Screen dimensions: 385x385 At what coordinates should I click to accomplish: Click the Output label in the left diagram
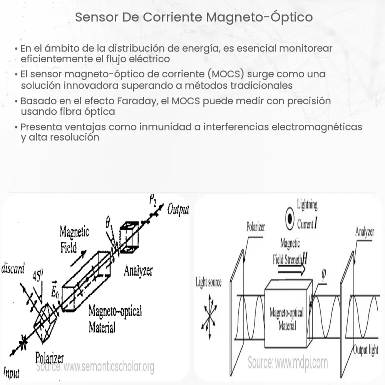178,210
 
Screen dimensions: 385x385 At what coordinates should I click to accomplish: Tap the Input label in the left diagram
11,372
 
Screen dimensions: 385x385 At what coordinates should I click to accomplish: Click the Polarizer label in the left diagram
49,358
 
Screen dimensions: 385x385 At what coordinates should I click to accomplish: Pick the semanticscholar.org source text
95,367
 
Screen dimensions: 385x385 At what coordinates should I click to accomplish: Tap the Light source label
209,283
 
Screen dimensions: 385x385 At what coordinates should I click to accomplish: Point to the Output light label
366,350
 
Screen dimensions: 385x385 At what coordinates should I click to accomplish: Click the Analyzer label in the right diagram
364,233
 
